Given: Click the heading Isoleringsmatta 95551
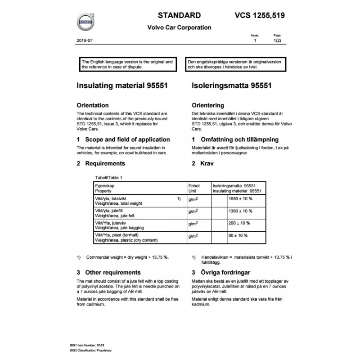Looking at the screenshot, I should [230, 85].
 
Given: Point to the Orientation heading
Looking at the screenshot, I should [93, 105].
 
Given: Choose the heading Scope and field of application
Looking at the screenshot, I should [123, 139].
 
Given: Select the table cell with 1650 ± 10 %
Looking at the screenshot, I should [241, 199].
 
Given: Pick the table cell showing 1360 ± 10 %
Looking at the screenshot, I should [241, 211].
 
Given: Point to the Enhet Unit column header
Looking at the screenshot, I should [192, 188].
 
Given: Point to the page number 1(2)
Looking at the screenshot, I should [277, 40].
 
